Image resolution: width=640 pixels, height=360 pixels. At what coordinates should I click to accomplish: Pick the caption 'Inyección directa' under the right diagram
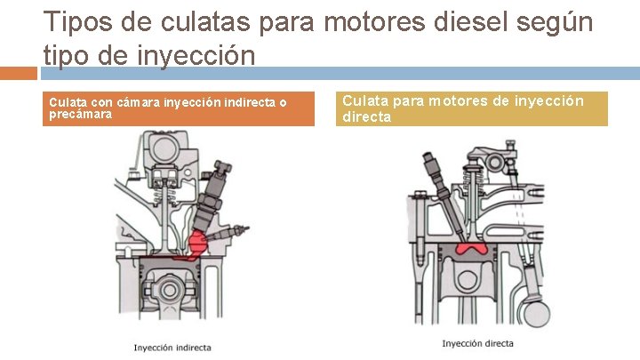coord(477,343)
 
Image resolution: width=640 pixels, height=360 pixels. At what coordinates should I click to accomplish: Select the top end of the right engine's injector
coord(430,158)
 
